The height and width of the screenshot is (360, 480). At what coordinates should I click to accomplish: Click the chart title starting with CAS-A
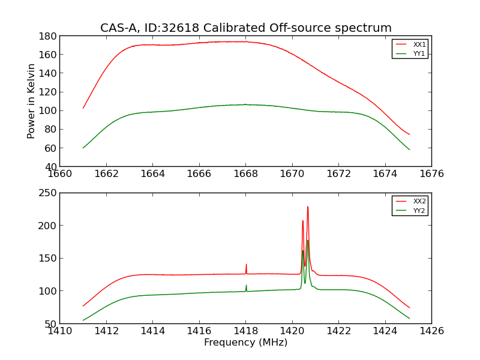click(x=245, y=28)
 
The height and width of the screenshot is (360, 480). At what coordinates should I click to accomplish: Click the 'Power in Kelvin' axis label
click(x=32, y=101)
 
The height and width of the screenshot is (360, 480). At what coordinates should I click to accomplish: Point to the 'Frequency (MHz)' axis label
click(x=245, y=343)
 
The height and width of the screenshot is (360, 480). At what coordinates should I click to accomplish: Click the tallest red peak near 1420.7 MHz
click(x=308, y=207)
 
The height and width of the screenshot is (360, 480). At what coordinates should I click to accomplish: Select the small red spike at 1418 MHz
click(x=246, y=265)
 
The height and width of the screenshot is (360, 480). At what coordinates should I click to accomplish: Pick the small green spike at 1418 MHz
click(x=246, y=286)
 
